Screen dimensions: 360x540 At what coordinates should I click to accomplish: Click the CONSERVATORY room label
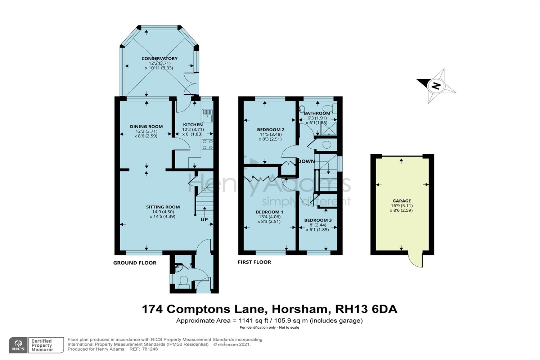pyautogui.click(x=159, y=58)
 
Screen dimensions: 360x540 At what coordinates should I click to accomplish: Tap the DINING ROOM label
pyautogui.click(x=146, y=126)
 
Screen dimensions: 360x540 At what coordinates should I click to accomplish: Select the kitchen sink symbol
pyautogui.click(x=207, y=116)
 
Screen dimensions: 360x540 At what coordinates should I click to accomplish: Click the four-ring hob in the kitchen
pyautogui.click(x=207, y=144)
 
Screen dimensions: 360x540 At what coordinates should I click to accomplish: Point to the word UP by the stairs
pyautogui.click(x=204, y=220)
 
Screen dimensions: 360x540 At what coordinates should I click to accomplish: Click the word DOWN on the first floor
pyautogui.click(x=306, y=161)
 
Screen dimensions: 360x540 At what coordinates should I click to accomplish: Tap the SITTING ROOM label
pyautogui.click(x=163, y=207)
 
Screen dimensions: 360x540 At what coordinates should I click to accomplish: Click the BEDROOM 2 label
pyautogui.click(x=271, y=130)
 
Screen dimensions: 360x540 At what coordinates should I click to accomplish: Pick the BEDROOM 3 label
pyautogui.click(x=318, y=220)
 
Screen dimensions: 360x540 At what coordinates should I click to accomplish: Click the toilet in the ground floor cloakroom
pyautogui.click(x=184, y=280)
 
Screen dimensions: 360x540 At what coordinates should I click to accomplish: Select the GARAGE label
pyautogui.click(x=401, y=201)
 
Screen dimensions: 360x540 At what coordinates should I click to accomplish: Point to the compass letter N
pyautogui.click(x=436, y=86)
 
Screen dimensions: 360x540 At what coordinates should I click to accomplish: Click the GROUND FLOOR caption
pyautogui.click(x=135, y=263)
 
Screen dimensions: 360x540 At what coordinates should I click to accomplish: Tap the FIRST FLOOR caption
pyautogui.click(x=254, y=262)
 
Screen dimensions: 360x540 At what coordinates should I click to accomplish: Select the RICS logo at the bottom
pyautogui.click(x=18, y=345)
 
